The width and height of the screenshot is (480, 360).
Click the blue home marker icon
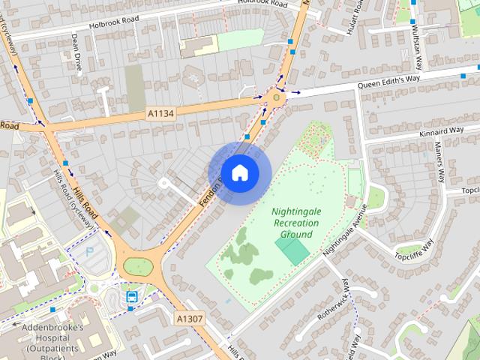239,172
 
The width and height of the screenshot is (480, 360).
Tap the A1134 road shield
160,113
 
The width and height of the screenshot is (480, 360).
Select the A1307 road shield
190,319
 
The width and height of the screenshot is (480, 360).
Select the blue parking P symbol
90,253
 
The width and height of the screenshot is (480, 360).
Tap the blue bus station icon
132,296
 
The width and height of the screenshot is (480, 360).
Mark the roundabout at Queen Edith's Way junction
278,95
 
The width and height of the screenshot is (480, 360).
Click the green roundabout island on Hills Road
138,265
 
